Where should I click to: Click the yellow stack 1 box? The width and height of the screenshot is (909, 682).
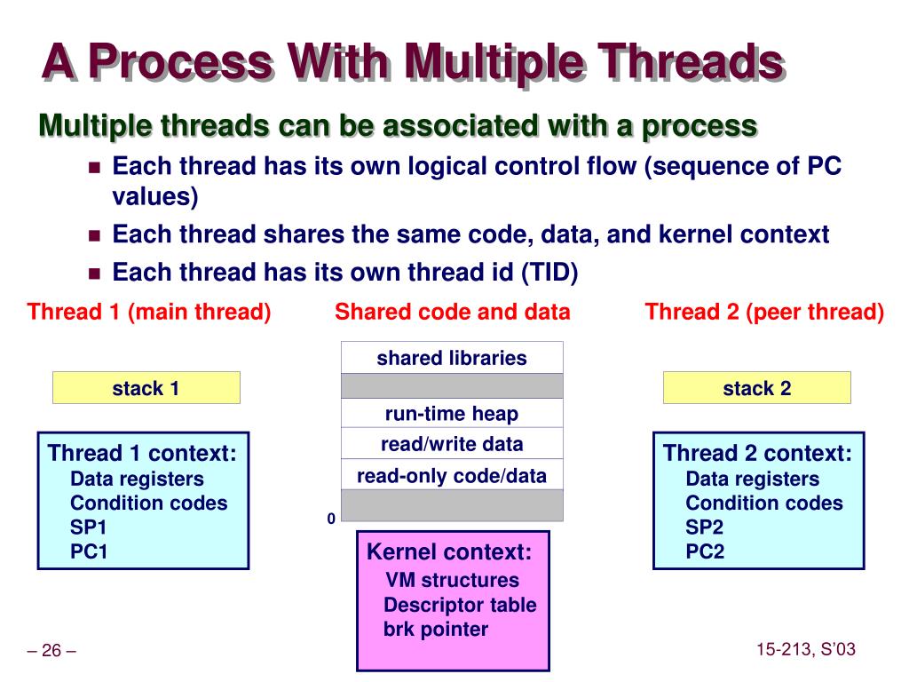coord(146,388)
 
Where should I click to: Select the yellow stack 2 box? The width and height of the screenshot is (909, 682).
coord(756,388)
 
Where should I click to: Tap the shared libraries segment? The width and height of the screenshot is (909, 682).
coord(452,358)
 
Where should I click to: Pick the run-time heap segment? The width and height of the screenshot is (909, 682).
coord(452,414)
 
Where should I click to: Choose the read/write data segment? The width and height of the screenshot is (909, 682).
coord(452,444)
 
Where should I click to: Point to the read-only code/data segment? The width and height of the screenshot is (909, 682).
coord(452,475)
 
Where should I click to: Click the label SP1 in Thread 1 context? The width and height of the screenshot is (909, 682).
coord(89,527)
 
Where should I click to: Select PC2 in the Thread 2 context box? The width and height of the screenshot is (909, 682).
coord(705,551)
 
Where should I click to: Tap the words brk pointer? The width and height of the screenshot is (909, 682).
coord(436,630)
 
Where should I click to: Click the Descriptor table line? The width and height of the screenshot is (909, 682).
coord(460,606)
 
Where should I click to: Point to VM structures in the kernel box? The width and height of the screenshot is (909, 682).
coord(453,581)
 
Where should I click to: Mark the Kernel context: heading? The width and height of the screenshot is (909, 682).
coord(449,552)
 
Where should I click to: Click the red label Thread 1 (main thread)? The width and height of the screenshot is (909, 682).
coord(149,312)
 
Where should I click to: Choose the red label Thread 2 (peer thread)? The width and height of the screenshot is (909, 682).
coord(764,312)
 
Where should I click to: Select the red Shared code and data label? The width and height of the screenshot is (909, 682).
coord(453,312)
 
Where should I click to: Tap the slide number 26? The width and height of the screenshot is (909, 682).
coord(51,651)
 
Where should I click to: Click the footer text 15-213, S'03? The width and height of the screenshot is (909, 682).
coord(806,649)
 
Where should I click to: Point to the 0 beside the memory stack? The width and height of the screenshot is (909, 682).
coord(331,519)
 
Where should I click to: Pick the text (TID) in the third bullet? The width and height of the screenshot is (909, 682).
coord(549,273)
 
